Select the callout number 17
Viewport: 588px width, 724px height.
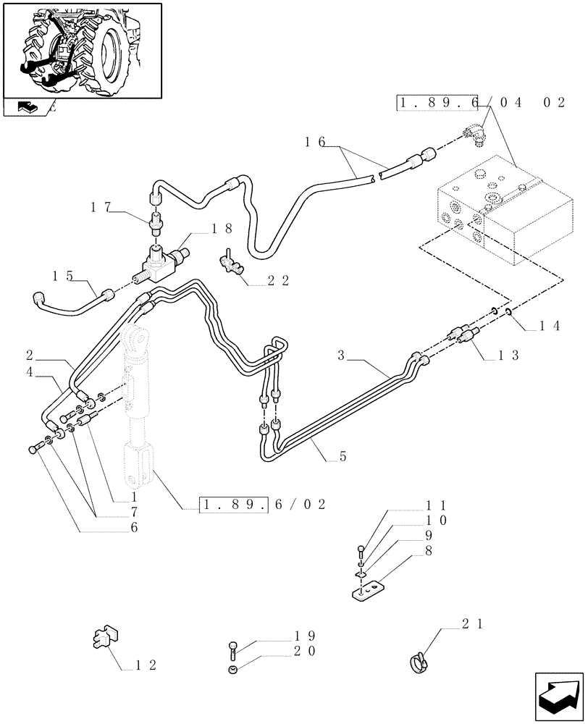[101, 206]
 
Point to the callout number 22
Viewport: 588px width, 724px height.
[280, 280]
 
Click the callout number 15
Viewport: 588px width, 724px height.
[63, 275]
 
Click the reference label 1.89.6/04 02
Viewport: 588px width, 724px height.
[480, 103]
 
